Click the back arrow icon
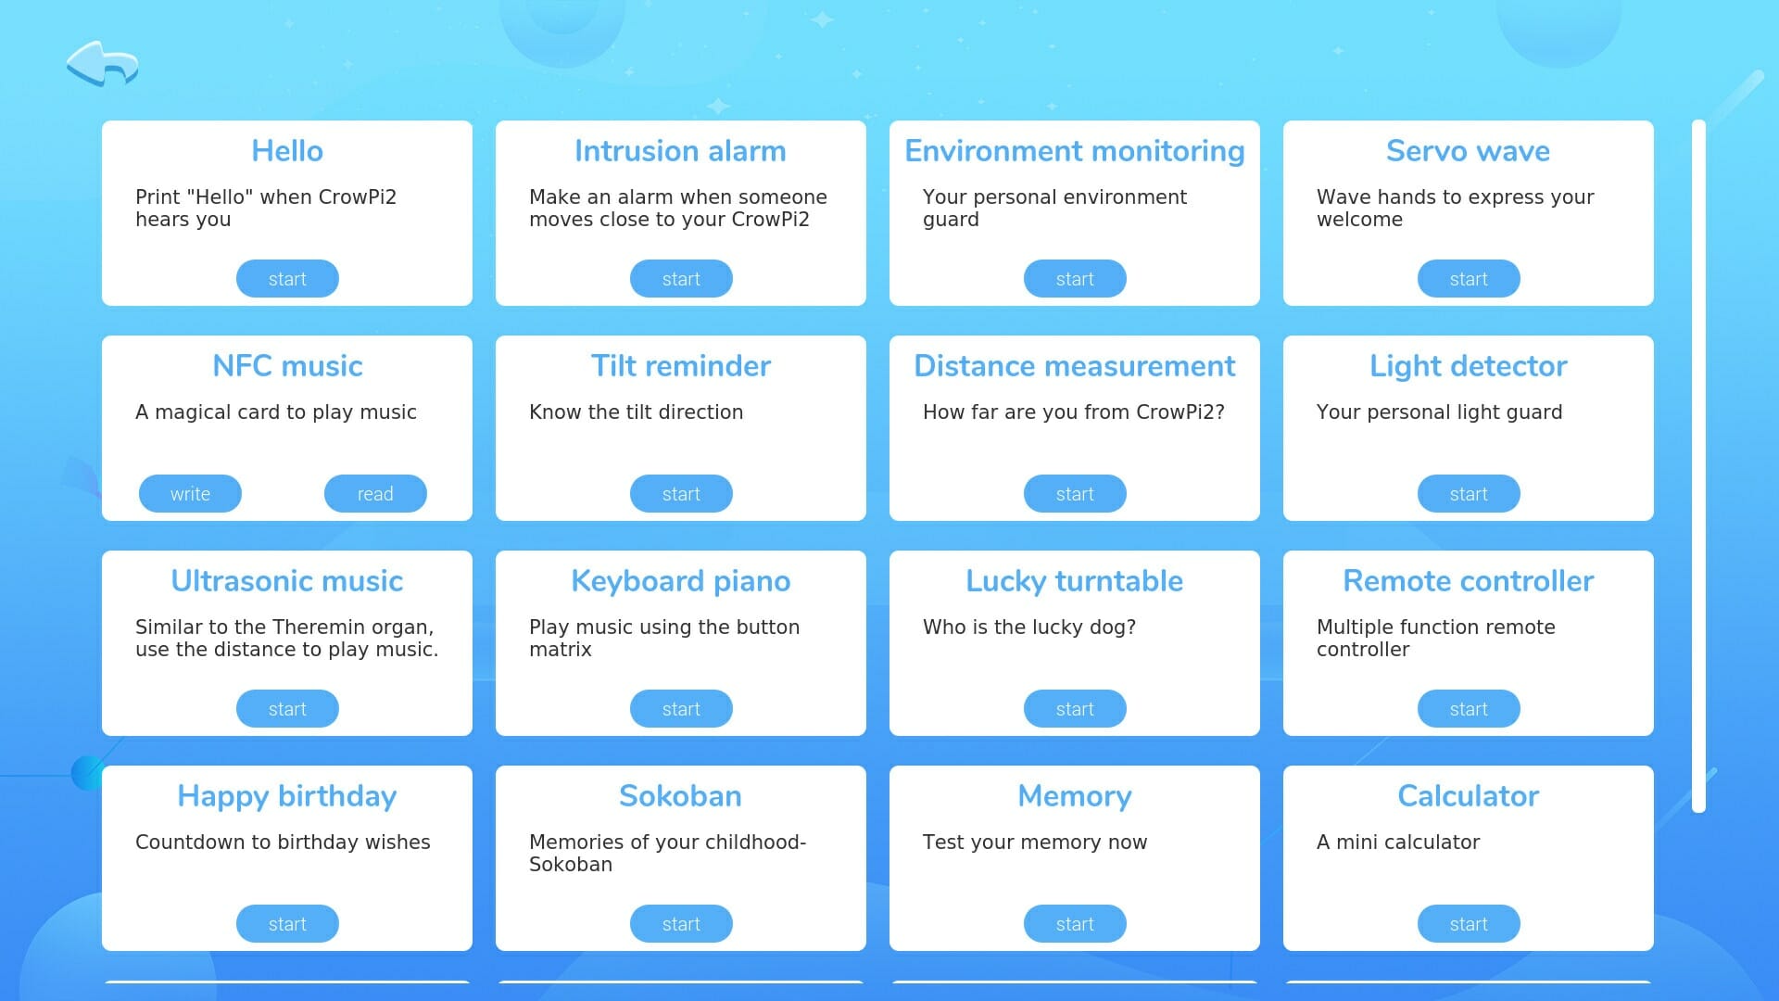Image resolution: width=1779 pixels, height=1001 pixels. click(x=101, y=63)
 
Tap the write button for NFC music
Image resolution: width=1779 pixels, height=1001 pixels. click(x=190, y=494)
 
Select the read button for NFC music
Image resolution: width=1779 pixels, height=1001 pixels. click(x=375, y=494)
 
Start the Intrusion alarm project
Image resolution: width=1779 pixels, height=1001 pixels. click(x=681, y=279)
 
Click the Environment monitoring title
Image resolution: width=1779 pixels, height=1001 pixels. click(x=1075, y=151)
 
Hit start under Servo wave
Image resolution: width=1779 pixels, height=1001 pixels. click(x=1469, y=279)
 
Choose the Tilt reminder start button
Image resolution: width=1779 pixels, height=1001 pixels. click(x=681, y=494)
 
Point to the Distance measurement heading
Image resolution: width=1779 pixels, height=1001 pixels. click(x=1075, y=366)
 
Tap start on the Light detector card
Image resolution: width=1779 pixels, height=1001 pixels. click(x=1469, y=494)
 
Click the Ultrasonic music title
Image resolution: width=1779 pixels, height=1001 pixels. click(x=287, y=581)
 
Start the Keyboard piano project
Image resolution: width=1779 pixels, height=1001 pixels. click(x=681, y=709)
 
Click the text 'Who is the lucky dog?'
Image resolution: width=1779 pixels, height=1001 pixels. click(x=1029, y=627)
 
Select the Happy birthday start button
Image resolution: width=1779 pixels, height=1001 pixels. click(x=287, y=924)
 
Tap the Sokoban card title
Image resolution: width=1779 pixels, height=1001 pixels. click(x=681, y=796)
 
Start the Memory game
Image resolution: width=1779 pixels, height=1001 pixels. click(x=1075, y=924)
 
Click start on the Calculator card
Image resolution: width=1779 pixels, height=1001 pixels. click(x=1469, y=924)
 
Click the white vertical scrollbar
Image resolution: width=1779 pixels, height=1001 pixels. click(x=1698, y=466)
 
